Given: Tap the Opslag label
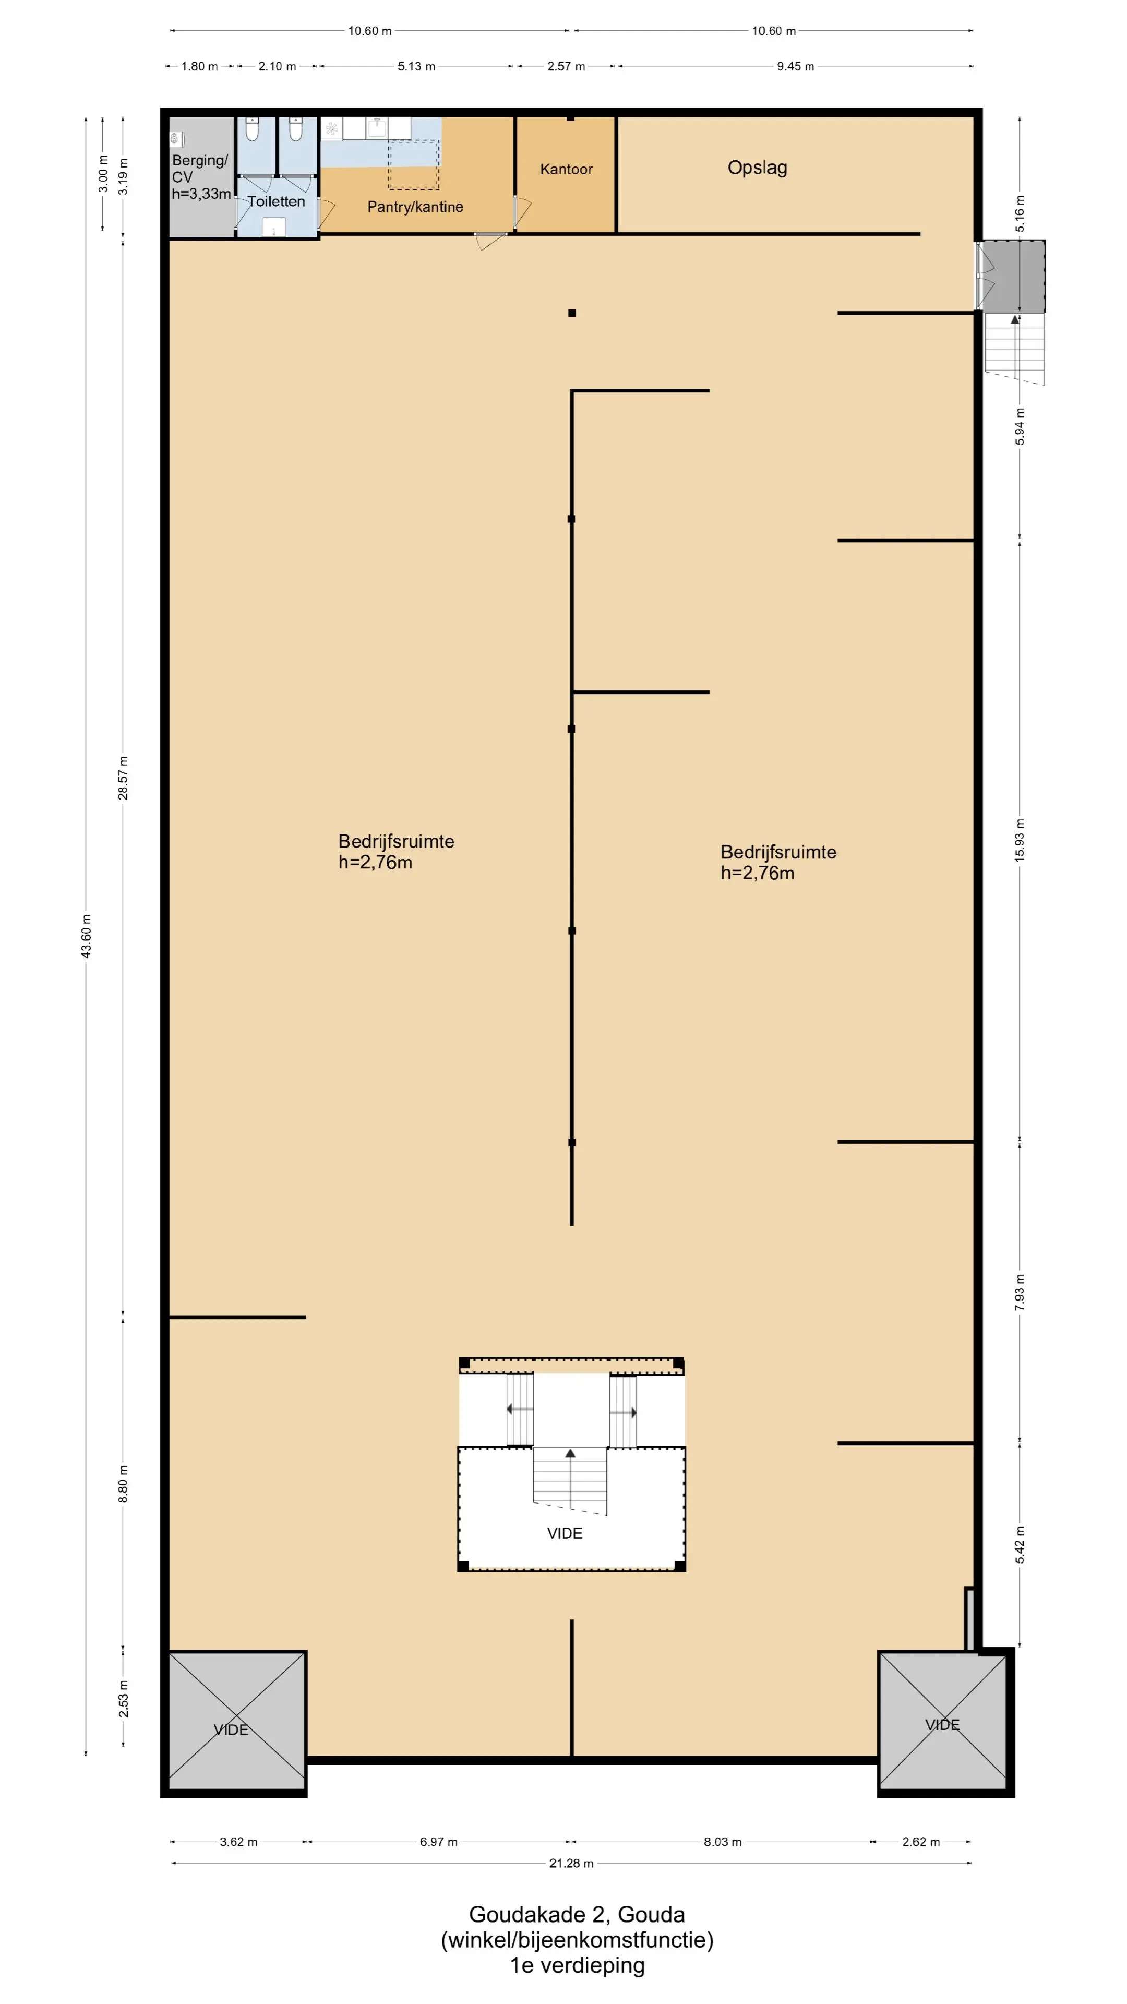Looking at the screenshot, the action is click(x=757, y=168).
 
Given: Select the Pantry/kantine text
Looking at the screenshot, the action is click(x=415, y=207).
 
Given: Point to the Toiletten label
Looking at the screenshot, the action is click(x=276, y=201).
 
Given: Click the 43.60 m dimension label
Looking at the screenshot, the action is click(x=86, y=936).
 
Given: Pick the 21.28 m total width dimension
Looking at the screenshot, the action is click(x=571, y=1863).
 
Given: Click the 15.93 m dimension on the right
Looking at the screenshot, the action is click(x=1020, y=839).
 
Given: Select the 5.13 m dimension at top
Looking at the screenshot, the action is click(x=416, y=66).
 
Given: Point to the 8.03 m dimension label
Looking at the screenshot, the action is click(x=723, y=1841).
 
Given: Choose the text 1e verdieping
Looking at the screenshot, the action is click(x=577, y=1965).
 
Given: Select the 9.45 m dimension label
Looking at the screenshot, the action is click(x=795, y=66).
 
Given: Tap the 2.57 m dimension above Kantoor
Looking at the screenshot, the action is click(x=566, y=66).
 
